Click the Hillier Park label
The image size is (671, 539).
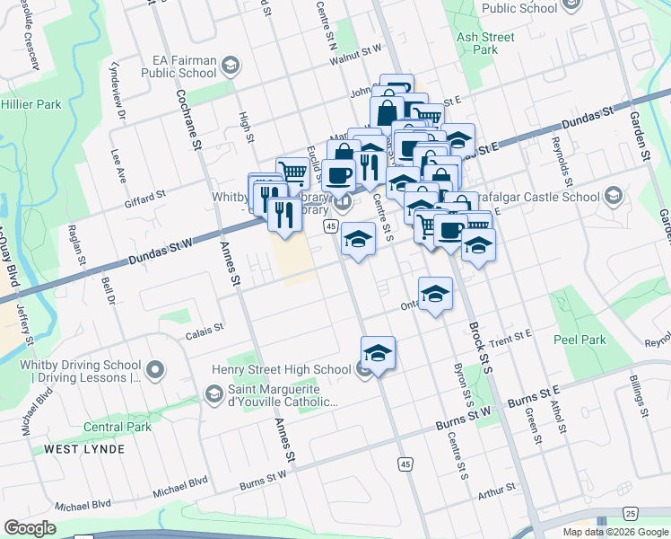31,104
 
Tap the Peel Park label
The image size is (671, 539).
580,340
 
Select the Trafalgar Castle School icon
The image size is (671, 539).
614,196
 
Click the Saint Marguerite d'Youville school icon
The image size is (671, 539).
213,393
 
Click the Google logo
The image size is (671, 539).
30,528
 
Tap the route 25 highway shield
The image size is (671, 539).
631,513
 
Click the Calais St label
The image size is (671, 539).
204,331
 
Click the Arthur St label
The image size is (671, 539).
497,490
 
